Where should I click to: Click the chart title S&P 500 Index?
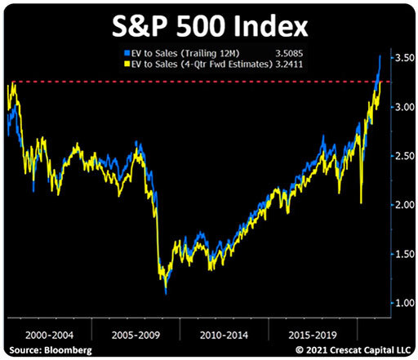click(210, 27)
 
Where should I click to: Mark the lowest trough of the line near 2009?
click(166, 291)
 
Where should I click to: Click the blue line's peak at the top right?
click(380, 56)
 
